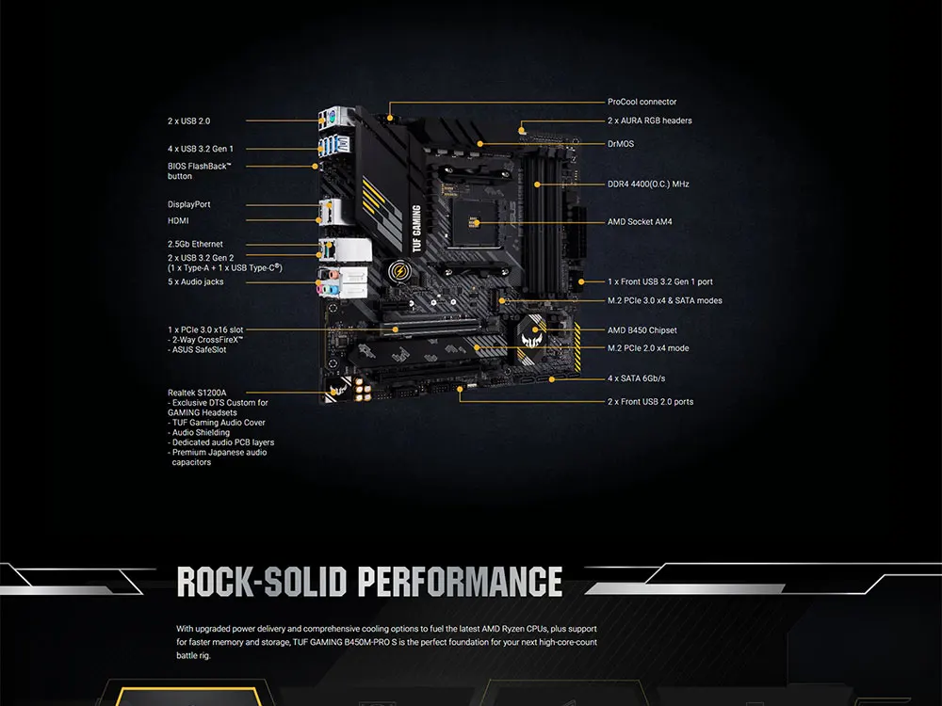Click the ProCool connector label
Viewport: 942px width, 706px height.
tap(642, 102)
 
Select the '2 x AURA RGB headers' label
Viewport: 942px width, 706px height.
tap(650, 120)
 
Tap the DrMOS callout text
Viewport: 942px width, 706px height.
tap(621, 144)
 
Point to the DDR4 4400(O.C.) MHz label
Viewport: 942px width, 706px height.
tap(648, 185)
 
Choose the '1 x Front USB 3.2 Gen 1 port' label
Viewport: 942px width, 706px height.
tap(659, 281)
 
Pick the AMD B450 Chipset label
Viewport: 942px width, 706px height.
tap(642, 330)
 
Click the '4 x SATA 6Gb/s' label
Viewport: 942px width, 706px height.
tap(637, 378)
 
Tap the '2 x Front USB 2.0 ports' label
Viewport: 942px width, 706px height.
tap(650, 402)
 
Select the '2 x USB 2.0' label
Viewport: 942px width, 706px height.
tap(189, 121)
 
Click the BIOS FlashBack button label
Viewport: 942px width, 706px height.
tap(199, 170)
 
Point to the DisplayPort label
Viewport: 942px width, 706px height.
tap(189, 204)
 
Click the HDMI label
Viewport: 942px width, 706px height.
tap(178, 220)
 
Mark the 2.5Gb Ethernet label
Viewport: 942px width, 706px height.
tap(195, 244)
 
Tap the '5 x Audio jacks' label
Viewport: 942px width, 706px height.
tap(195, 281)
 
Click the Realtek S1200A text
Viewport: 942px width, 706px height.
tap(197, 393)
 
